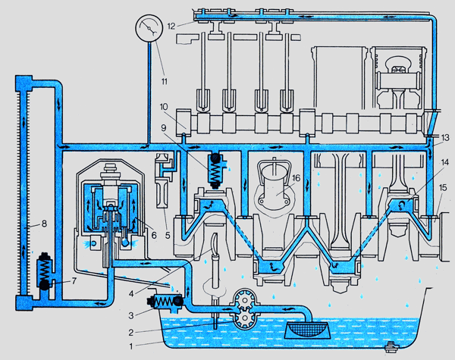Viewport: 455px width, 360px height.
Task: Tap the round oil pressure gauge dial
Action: click(149, 30)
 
